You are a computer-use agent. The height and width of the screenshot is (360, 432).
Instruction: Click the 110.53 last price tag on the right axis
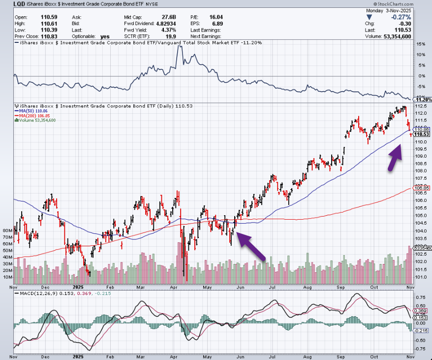click(422, 134)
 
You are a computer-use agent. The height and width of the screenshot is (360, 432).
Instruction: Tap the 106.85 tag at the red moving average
click(422, 188)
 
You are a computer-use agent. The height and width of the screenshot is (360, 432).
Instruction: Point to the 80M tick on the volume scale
click(7, 230)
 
